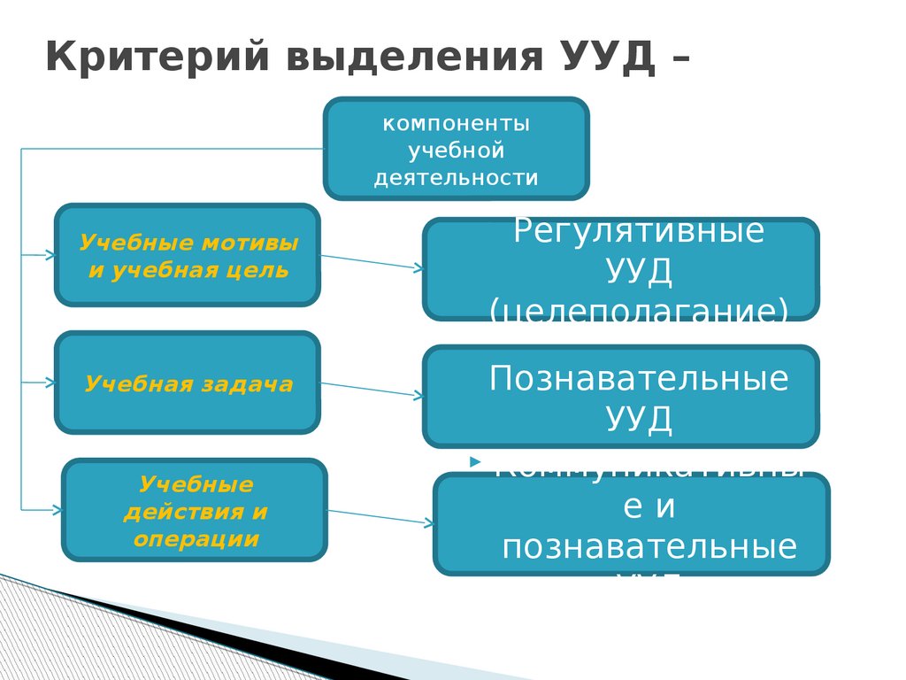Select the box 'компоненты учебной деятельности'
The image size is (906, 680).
point(456,148)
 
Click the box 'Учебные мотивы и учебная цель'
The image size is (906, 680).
point(187,255)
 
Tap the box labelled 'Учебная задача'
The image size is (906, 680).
point(187,382)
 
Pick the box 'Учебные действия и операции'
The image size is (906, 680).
point(195,510)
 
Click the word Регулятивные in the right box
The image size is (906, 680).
point(639,232)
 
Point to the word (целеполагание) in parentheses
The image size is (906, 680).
point(639,309)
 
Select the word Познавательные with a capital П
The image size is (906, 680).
point(639,379)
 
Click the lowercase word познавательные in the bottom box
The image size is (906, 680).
point(649,546)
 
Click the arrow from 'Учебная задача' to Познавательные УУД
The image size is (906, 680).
point(371,389)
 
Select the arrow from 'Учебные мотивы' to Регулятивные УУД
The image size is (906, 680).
point(371,261)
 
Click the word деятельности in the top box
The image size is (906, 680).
point(456,178)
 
